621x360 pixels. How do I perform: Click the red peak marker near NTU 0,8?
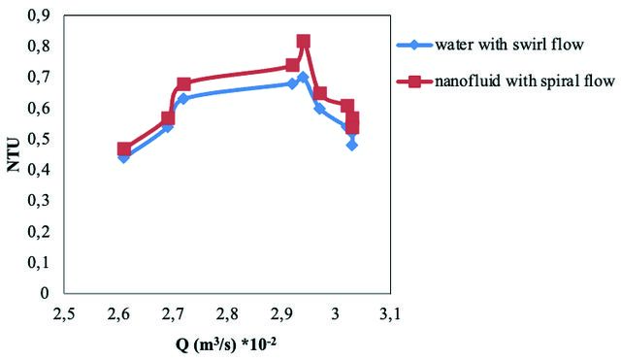tap(304, 41)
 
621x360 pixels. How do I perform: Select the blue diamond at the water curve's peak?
tap(304, 77)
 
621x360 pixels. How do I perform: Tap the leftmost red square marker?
tap(124, 148)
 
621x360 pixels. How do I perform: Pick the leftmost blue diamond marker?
tap(124, 157)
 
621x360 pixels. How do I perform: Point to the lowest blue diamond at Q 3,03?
tap(352, 146)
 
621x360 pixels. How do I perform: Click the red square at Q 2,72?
tap(183, 84)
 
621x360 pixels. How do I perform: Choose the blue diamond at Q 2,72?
tap(183, 99)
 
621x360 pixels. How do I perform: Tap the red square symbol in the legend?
tap(414, 82)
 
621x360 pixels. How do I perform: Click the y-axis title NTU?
tap(15, 155)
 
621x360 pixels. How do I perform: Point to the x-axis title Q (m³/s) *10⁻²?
tap(226, 344)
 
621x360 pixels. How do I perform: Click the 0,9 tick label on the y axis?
tap(39, 16)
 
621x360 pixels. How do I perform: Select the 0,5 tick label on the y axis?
tap(39, 139)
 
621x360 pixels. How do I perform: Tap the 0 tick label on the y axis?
tap(45, 293)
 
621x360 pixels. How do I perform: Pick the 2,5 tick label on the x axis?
tap(64, 314)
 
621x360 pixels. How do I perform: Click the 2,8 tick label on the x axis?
tap(227, 314)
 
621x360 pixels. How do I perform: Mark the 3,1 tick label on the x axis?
tap(390, 314)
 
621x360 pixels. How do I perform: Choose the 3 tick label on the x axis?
tap(336, 314)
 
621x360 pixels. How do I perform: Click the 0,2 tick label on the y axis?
tap(39, 231)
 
